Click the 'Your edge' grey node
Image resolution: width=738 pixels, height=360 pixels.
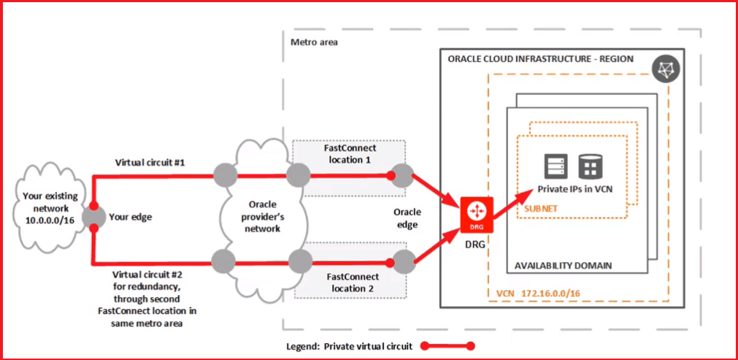pyautogui.click(x=93, y=216)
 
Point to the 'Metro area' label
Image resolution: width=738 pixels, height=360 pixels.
pyautogui.click(x=314, y=42)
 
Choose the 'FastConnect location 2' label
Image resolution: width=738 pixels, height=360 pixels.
pyautogui.click(x=351, y=283)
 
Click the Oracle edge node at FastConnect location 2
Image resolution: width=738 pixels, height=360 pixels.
pyautogui.click(x=401, y=258)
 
